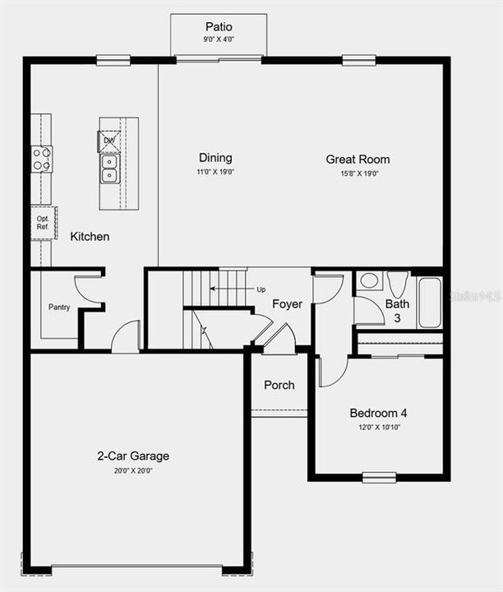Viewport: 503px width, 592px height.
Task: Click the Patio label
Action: [219, 27]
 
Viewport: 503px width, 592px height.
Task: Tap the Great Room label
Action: [358, 160]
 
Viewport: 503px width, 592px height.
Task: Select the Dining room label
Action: [215, 158]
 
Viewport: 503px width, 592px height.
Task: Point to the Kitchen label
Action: [90, 237]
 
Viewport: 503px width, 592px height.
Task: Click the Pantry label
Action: [59, 308]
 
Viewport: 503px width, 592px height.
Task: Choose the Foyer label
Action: [287, 304]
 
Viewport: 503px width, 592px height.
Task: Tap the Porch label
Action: [279, 385]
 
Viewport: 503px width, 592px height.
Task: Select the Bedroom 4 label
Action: [378, 413]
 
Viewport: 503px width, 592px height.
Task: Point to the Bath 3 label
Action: [397, 310]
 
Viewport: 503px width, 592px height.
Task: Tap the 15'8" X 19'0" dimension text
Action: [358, 173]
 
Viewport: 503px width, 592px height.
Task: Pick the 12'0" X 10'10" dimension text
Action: [378, 428]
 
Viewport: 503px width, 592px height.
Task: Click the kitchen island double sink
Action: [109, 168]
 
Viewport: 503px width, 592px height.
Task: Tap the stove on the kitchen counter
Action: [42, 159]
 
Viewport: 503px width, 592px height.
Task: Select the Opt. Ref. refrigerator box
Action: [42, 223]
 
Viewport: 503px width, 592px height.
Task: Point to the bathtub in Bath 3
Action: [429, 302]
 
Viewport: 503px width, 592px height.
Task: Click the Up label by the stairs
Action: [261, 289]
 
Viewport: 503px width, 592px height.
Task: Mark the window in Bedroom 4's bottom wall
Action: [379, 477]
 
